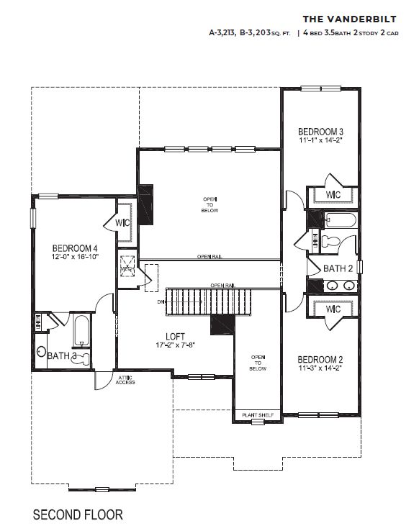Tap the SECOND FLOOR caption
click(78, 514)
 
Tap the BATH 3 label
click(62, 355)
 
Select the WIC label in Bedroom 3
click(333, 195)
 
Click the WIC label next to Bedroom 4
click(122, 223)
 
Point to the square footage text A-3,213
click(225, 33)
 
